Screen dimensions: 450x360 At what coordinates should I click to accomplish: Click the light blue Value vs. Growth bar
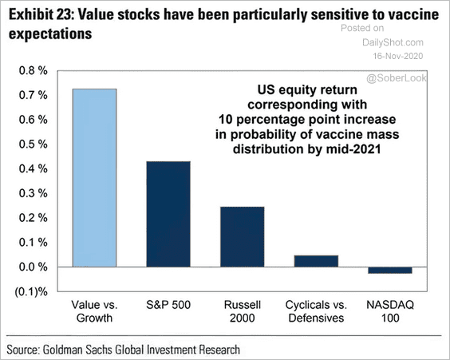coord(94,178)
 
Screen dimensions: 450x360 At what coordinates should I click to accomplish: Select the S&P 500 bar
coord(168,214)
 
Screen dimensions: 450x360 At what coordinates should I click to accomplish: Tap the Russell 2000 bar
coord(243,237)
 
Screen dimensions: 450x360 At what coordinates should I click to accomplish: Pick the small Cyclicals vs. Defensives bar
coord(316,261)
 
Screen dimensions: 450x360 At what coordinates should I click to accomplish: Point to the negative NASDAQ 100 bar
coord(390,270)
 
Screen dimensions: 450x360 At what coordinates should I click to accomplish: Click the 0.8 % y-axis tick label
coord(33,70)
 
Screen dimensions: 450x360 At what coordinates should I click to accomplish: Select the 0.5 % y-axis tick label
coord(33,144)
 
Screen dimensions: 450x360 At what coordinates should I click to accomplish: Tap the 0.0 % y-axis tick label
coord(33,267)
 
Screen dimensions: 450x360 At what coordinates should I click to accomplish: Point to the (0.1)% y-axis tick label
coord(31,291)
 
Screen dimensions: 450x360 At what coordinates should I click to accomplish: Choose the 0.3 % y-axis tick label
coord(33,193)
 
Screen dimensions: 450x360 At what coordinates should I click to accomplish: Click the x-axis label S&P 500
coord(168,305)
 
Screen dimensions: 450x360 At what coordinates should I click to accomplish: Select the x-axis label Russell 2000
coord(243,311)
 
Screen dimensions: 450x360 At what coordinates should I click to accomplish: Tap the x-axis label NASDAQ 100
coord(390,311)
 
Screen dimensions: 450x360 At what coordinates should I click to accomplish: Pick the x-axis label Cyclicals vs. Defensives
coord(316,311)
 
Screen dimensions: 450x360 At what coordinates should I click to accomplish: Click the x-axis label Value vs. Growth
coord(94,311)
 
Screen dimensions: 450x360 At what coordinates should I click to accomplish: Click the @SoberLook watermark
coord(397,77)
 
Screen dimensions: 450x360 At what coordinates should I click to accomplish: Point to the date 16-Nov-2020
coord(398,56)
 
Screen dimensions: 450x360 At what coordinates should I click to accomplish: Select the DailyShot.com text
coord(393,42)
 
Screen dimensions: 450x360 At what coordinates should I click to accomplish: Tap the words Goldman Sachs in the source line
coord(78,350)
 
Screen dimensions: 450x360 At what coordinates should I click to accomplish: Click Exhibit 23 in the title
coord(40,15)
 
